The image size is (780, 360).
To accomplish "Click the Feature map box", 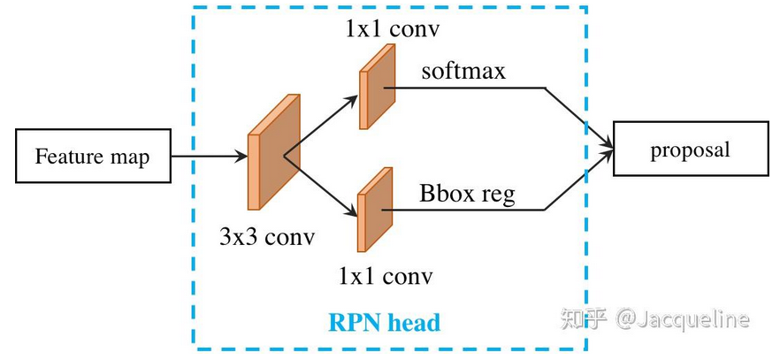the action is click(x=93, y=157).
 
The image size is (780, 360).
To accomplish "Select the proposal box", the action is click(x=691, y=149).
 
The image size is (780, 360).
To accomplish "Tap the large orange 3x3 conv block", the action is click(x=273, y=151).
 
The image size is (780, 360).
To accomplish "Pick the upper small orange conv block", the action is click(x=377, y=87).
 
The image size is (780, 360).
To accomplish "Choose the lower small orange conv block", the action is click(x=375, y=210).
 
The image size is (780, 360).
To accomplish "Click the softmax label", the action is click(x=463, y=71).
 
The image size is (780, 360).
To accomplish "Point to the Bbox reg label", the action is click(x=467, y=194).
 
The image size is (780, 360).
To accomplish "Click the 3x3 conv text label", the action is click(x=267, y=237).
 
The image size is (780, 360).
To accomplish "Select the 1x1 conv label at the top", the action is click(x=393, y=30).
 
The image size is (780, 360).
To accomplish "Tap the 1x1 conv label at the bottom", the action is click(x=386, y=276).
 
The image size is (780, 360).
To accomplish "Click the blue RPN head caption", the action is click(x=385, y=322).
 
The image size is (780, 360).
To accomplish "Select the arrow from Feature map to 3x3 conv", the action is click(x=210, y=157).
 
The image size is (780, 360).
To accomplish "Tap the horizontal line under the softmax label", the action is click(x=464, y=88).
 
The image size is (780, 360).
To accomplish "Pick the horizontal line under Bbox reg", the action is click(x=463, y=210).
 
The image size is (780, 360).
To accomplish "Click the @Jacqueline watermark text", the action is click(x=682, y=319).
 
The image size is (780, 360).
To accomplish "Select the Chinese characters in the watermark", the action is click(x=583, y=318).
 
